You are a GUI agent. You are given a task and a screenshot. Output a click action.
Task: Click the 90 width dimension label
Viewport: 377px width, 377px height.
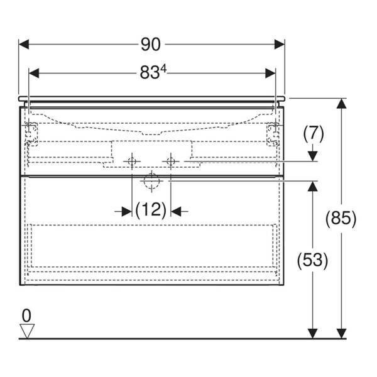[x=151, y=45]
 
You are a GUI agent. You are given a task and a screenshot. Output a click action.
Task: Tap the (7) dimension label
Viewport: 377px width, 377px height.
[x=313, y=133]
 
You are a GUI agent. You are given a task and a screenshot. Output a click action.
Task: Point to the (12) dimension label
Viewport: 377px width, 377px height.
[x=150, y=210]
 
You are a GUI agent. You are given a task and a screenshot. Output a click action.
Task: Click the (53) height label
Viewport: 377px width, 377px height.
[x=312, y=259]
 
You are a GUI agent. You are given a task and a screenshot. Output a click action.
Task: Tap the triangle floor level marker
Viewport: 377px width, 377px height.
[x=26, y=330]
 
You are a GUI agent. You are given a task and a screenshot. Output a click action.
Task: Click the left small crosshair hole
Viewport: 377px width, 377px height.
[x=131, y=161]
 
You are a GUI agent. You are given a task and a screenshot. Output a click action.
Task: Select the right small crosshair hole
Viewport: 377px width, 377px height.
[x=170, y=161]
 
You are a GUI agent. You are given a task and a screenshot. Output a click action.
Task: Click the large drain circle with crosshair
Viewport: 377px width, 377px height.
[x=151, y=181]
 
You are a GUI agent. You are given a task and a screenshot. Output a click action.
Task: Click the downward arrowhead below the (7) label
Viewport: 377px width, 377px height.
[x=312, y=156]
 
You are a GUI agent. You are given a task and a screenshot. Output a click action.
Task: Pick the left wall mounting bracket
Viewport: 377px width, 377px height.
[x=30, y=133]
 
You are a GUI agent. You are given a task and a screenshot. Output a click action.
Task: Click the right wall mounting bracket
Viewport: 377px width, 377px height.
[x=273, y=133]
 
